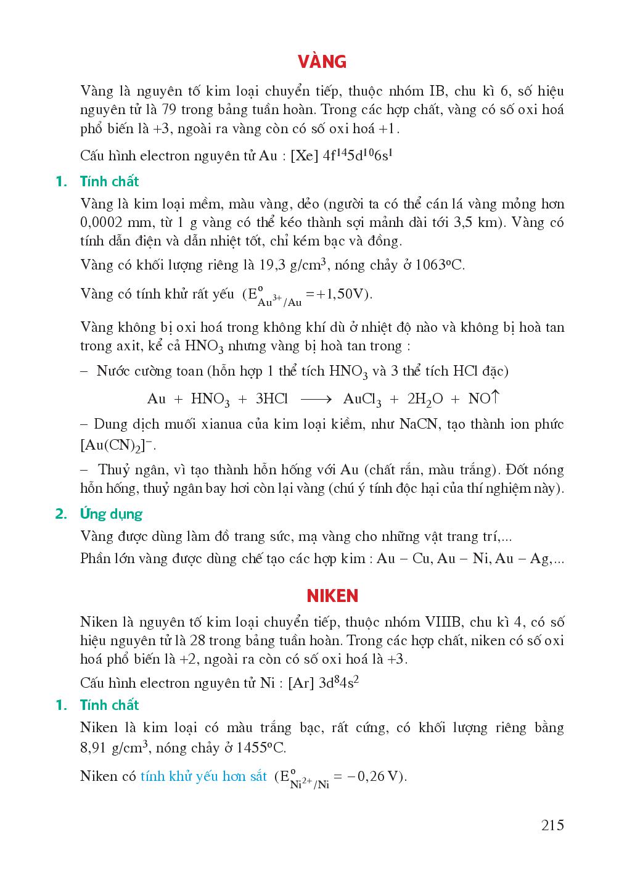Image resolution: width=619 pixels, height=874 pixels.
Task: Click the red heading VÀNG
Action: [x=322, y=62]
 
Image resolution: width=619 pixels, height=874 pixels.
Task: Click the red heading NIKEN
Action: [x=332, y=596]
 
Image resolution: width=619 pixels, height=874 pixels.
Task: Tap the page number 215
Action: [x=552, y=825]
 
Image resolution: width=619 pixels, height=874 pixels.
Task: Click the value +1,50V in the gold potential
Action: [x=343, y=294]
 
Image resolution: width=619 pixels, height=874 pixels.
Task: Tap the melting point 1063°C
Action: [x=440, y=266]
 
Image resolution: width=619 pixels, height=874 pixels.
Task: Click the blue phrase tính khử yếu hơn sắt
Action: [x=203, y=776]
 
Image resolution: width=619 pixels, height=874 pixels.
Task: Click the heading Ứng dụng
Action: [x=111, y=514]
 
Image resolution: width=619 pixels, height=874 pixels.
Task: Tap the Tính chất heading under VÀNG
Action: [x=109, y=181]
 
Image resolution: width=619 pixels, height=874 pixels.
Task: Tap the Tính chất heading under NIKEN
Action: [x=109, y=705]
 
